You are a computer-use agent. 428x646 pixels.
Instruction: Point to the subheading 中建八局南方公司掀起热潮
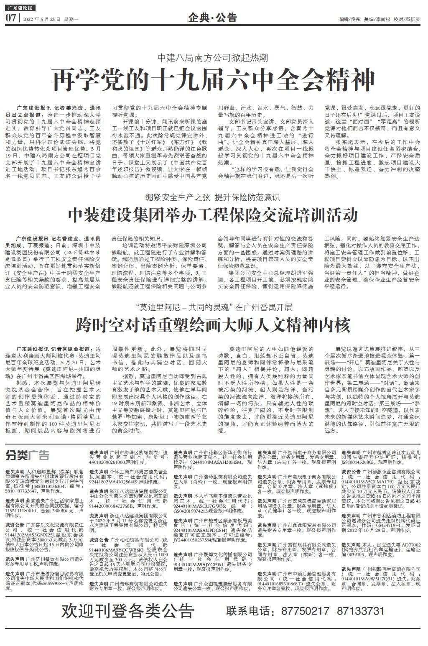(213, 58)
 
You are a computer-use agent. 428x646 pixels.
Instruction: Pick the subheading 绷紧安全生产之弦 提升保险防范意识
(213, 197)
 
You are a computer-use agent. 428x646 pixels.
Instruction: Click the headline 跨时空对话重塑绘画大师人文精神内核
(213, 324)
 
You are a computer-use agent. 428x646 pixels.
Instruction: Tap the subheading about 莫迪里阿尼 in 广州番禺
(214, 307)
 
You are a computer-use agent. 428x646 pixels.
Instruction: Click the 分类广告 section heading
(27, 455)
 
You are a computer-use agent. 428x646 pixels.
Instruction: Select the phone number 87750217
(305, 610)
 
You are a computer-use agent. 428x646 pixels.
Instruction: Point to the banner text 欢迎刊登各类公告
(128, 611)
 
